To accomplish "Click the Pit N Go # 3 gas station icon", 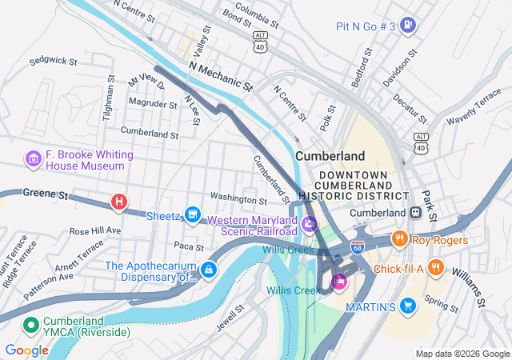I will [x=409, y=26].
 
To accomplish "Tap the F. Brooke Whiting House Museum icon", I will [x=33, y=159].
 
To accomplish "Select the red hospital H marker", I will [x=119, y=202].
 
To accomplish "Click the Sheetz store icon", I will [x=192, y=214].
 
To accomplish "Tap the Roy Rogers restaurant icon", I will [x=398, y=239].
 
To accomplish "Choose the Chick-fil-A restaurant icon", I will [x=436, y=267].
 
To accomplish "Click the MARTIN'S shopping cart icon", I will [x=409, y=306].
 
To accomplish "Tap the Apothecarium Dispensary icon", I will [x=208, y=270].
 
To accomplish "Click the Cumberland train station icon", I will [x=415, y=213].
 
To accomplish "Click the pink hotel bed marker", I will [x=338, y=280].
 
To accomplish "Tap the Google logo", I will [x=26, y=350].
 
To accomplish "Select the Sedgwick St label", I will [x=53, y=61].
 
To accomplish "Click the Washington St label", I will [x=238, y=198].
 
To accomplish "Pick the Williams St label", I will [x=468, y=289].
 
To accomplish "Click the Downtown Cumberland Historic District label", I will [x=353, y=186].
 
